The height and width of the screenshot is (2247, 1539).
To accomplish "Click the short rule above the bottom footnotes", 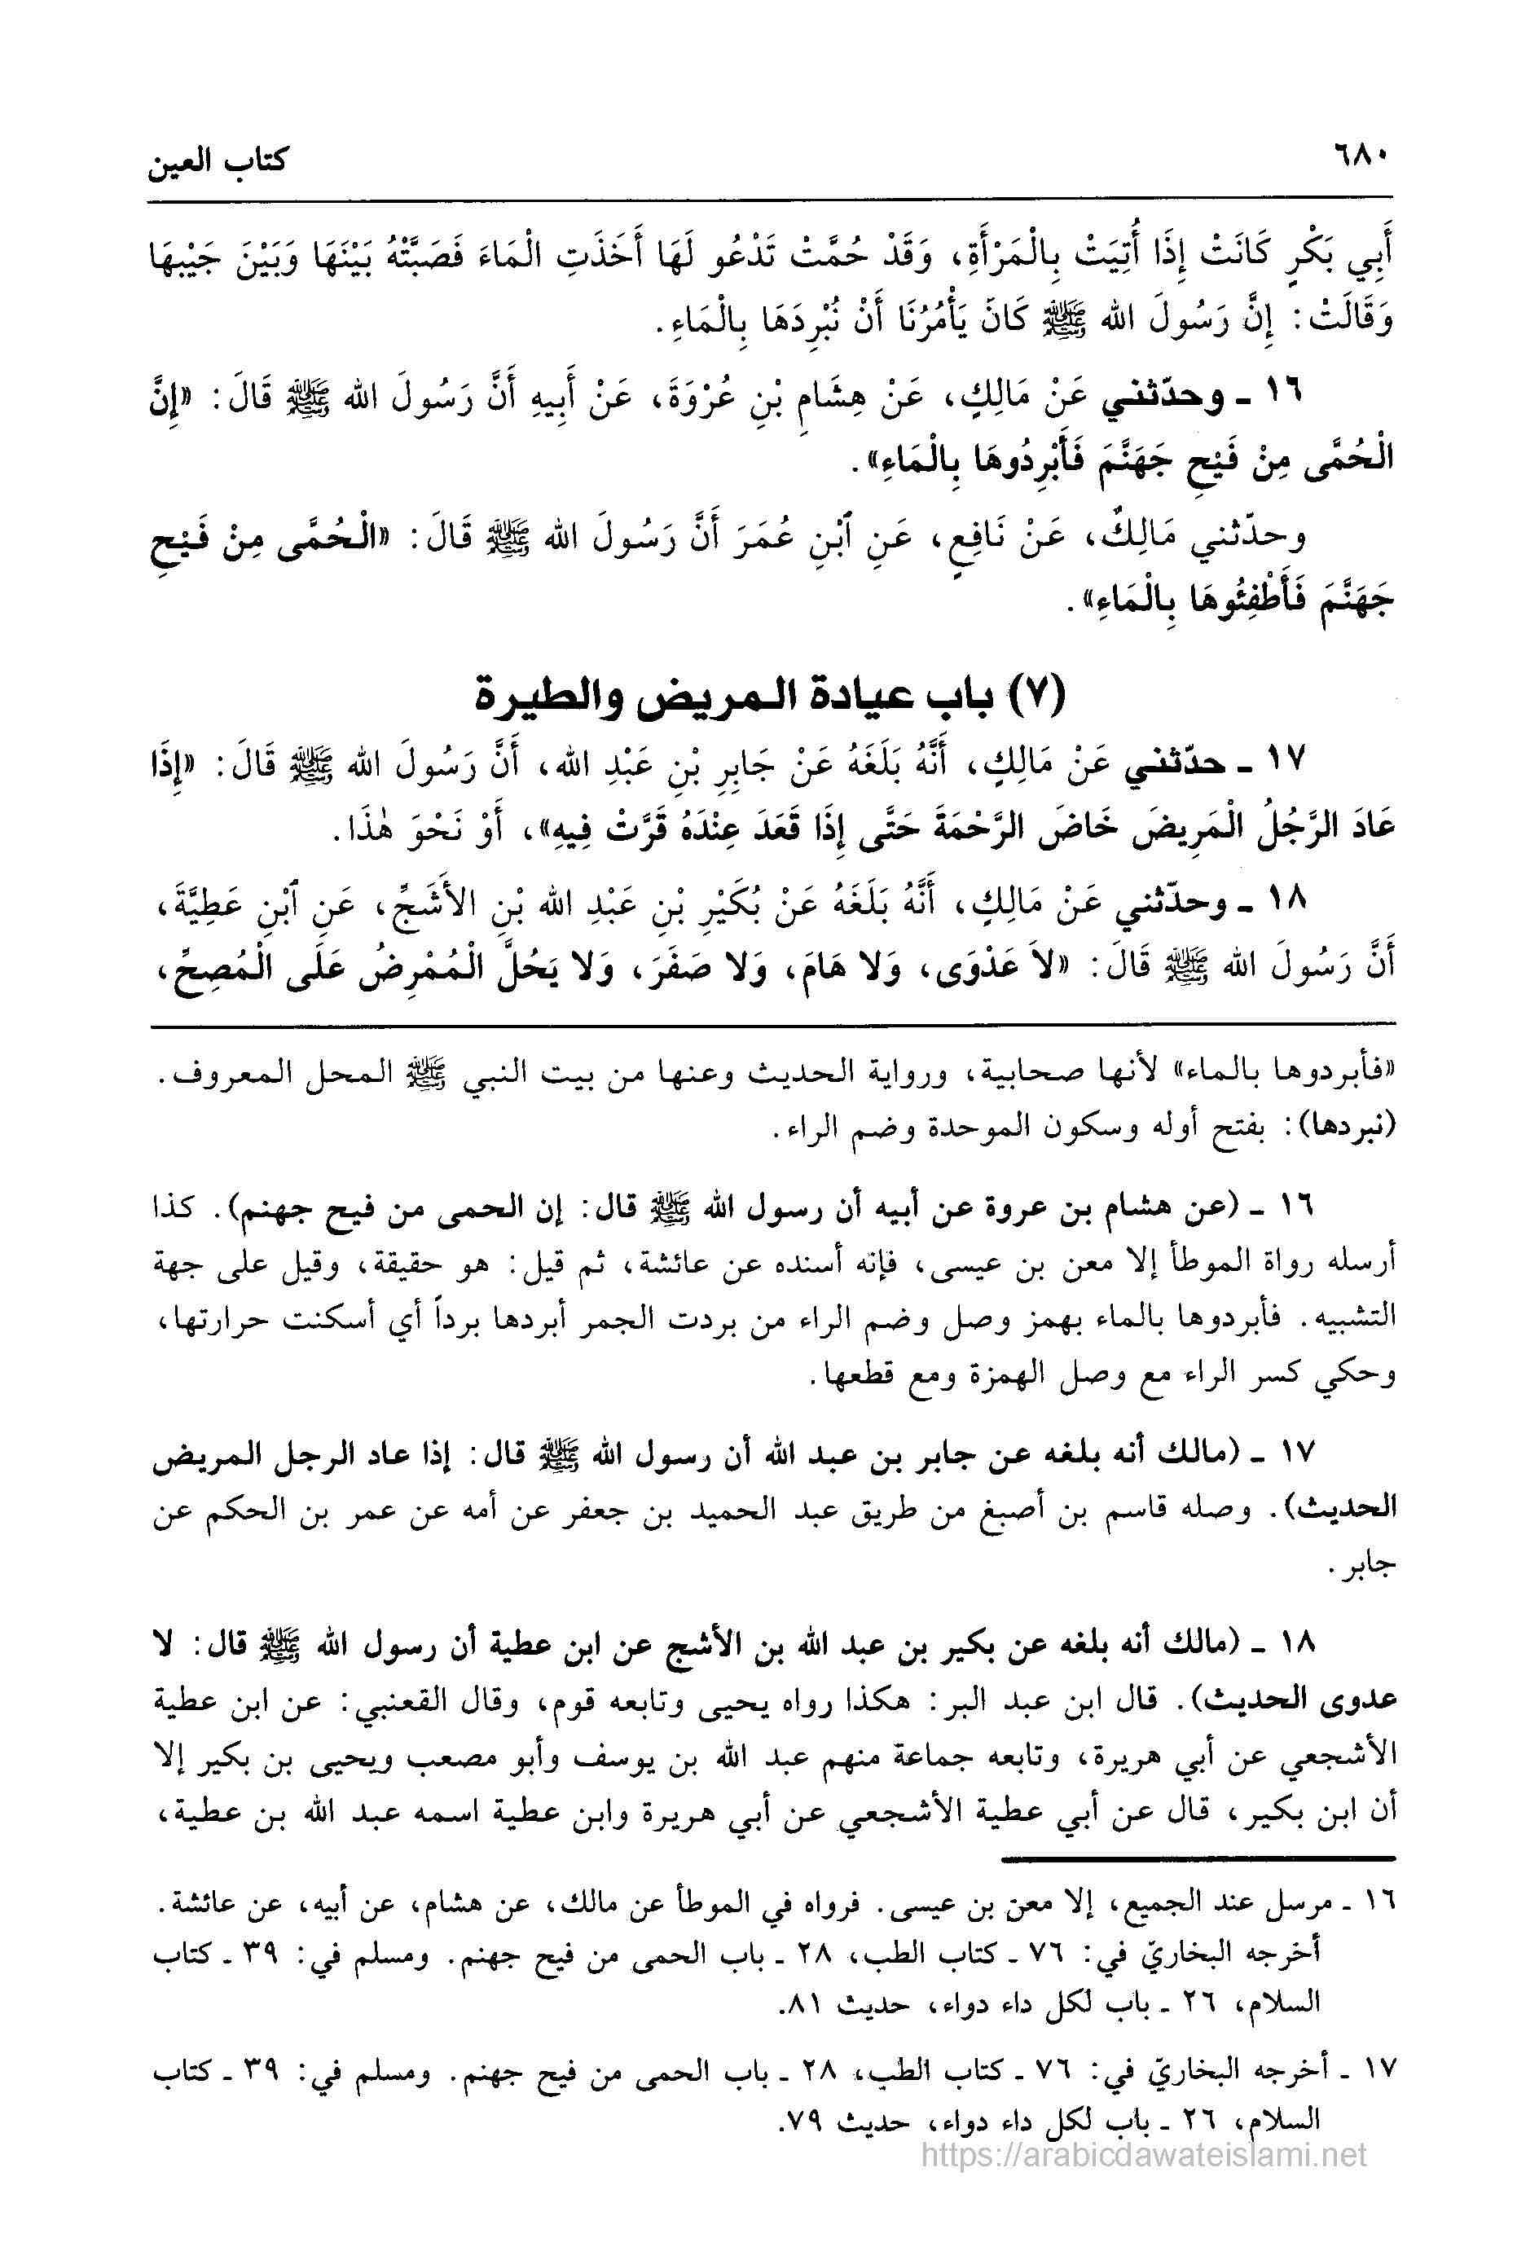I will coord(1198,1859).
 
